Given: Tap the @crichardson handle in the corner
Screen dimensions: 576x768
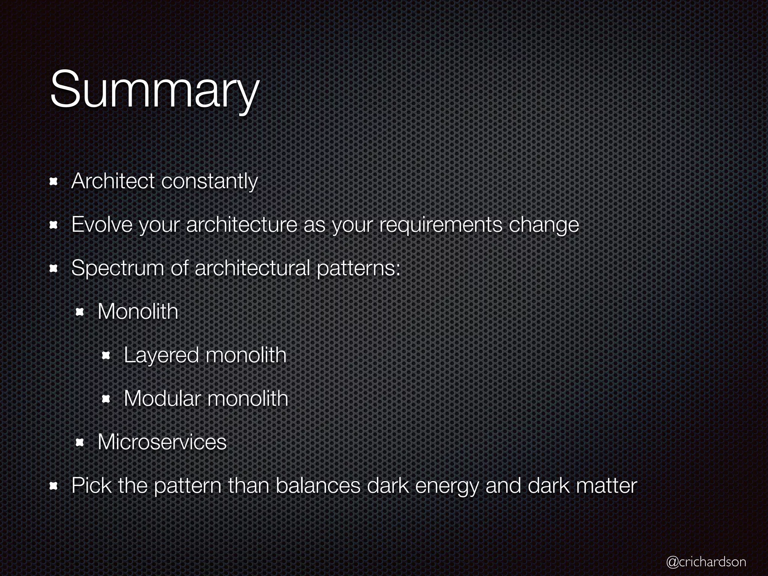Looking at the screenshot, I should (x=706, y=561).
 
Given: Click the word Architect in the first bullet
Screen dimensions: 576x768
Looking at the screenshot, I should (x=112, y=181).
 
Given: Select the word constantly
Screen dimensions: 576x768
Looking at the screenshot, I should (x=210, y=182).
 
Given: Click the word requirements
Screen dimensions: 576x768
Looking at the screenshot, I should (x=440, y=225).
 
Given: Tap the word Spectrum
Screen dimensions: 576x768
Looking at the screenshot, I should (x=117, y=269).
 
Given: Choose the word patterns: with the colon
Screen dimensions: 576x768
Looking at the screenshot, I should (x=358, y=269).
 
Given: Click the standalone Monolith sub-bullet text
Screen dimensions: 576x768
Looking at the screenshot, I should (x=138, y=312).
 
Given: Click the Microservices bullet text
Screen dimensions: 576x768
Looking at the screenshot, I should (x=162, y=442).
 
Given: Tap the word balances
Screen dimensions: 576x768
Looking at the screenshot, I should (x=317, y=486).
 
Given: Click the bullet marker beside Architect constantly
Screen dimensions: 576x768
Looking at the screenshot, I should (x=53, y=182).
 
